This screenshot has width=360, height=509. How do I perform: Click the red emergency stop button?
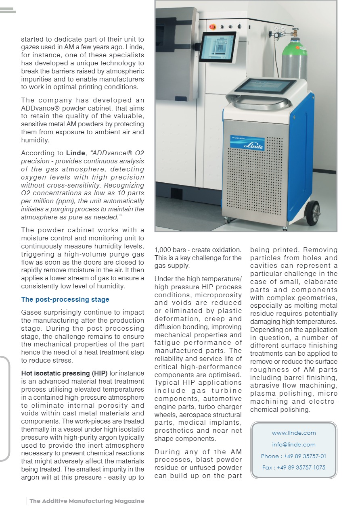[x=213, y=26]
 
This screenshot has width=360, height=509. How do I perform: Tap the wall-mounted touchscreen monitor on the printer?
[x=218, y=47]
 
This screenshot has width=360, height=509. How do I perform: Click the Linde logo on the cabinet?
[x=247, y=144]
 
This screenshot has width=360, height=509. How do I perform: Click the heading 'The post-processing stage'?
[x=65, y=299]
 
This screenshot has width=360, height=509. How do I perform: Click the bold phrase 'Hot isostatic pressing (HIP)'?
[x=64, y=373]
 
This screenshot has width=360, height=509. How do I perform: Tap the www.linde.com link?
[x=293, y=433]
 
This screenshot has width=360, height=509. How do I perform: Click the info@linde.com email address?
[x=293, y=444]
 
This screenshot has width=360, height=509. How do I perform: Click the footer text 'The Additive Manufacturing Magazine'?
[x=86, y=501]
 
